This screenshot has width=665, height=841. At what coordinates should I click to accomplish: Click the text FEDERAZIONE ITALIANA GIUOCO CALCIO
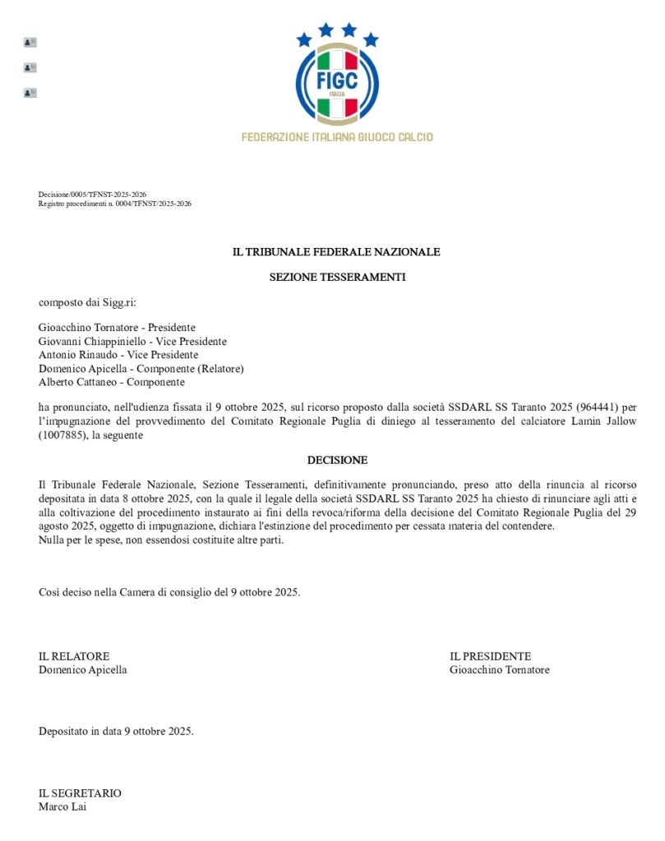pos(337,137)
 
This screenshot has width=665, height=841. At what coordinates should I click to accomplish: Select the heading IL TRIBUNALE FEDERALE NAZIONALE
pos(337,252)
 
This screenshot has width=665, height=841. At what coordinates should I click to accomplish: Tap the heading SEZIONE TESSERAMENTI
pos(337,278)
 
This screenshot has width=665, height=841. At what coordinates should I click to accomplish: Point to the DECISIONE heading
pos(337,460)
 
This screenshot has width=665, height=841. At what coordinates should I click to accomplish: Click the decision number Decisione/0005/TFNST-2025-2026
pos(92,195)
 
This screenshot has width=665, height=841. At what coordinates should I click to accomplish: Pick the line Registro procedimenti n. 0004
pos(114,204)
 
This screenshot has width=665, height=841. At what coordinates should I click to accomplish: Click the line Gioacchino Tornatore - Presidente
pos(117,328)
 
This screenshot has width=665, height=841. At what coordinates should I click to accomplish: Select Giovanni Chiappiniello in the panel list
pos(90,342)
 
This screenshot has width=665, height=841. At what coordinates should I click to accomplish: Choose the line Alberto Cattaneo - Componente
pos(112,382)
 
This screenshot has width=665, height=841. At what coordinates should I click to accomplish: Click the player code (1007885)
pos(62,435)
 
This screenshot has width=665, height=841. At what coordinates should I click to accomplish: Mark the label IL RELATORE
pos(74,656)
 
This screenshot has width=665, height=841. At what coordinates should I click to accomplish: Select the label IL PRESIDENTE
pos(490,656)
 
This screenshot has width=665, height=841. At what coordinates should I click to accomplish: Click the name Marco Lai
pos(62,807)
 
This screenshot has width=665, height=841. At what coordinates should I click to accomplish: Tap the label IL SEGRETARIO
pos(80,793)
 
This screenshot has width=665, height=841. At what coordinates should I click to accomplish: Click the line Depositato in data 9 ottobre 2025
pos(116,731)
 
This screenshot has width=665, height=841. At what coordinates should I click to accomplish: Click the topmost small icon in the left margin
pos(30,42)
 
